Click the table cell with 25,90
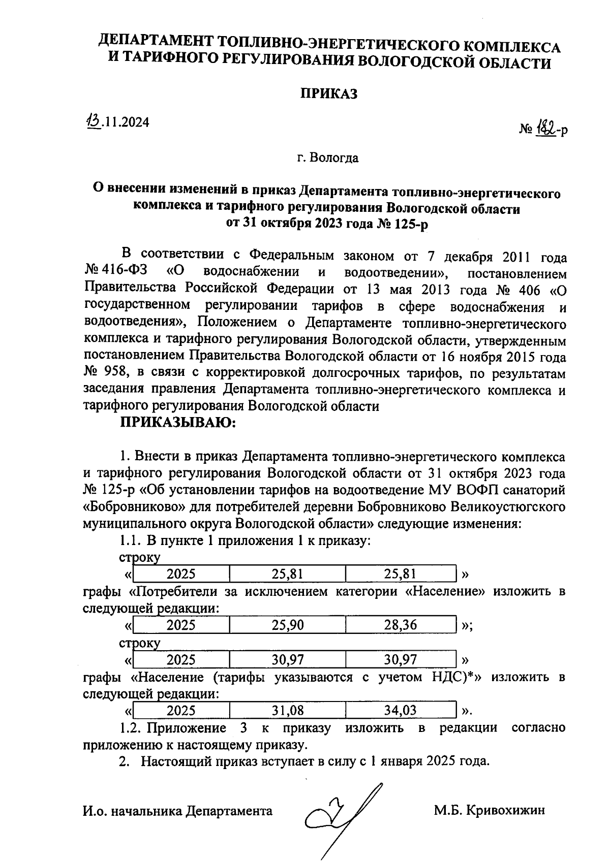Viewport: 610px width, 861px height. click(287, 625)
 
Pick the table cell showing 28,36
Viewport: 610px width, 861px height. click(401, 625)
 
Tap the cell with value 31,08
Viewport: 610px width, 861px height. click(287, 710)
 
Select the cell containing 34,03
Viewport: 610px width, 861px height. click(401, 710)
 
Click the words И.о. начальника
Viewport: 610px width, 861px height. click(133, 811)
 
